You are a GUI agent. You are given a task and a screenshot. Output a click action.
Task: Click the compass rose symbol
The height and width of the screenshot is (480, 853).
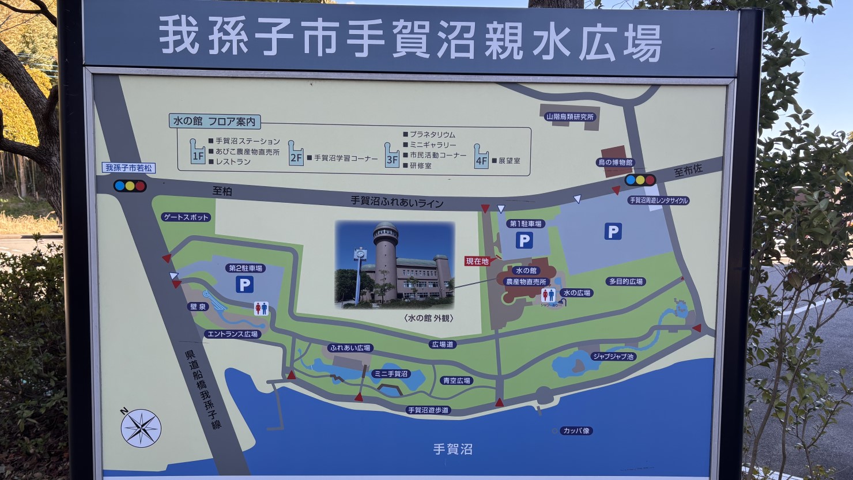(x=141, y=428)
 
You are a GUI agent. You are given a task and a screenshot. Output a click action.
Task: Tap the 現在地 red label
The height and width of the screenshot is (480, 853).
(x=477, y=261)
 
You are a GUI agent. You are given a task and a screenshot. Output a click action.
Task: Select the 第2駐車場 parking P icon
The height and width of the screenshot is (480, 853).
(x=244, y=284)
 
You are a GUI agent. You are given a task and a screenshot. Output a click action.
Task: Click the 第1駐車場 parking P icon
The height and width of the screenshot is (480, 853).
(x=524, y=240)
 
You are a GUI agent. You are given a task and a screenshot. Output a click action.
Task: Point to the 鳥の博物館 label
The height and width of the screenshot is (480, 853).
(x=615, y=162)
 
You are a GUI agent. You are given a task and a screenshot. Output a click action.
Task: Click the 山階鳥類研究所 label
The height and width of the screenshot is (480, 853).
(x=569, y=116)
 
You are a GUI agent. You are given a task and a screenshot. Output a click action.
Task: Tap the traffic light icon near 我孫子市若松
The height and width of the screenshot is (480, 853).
(x=130, y=186)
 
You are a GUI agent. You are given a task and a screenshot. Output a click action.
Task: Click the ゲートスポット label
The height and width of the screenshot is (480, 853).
(x=186, y=217)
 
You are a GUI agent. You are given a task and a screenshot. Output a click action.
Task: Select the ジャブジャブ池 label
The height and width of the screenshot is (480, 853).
(x=613, y=357)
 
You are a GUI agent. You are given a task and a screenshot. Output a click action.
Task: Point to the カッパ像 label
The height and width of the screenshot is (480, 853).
(x=576, y=430)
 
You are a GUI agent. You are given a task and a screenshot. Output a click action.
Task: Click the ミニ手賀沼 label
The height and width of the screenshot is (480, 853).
(x=391, y=373)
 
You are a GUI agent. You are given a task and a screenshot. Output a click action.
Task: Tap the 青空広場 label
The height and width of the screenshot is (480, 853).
(x=456, y=380)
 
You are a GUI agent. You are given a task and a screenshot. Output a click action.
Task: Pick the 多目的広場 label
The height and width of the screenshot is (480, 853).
(x=625, y=281)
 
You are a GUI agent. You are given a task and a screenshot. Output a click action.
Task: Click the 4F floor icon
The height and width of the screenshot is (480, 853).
(x=481, y=156)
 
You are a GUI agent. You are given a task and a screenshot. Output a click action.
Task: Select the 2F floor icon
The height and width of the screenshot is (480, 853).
(x=296, y=154)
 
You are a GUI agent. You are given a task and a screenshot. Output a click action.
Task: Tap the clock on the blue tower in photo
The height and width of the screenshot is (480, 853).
(x=360, y=252)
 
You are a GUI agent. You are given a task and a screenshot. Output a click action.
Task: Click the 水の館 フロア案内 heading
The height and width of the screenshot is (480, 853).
(x=214, y=122)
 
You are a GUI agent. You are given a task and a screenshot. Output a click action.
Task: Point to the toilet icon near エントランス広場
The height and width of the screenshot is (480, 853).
(x=262, y=309)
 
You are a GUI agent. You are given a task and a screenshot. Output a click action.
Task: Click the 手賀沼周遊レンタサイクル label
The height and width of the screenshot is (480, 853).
(x=659, y=201)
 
